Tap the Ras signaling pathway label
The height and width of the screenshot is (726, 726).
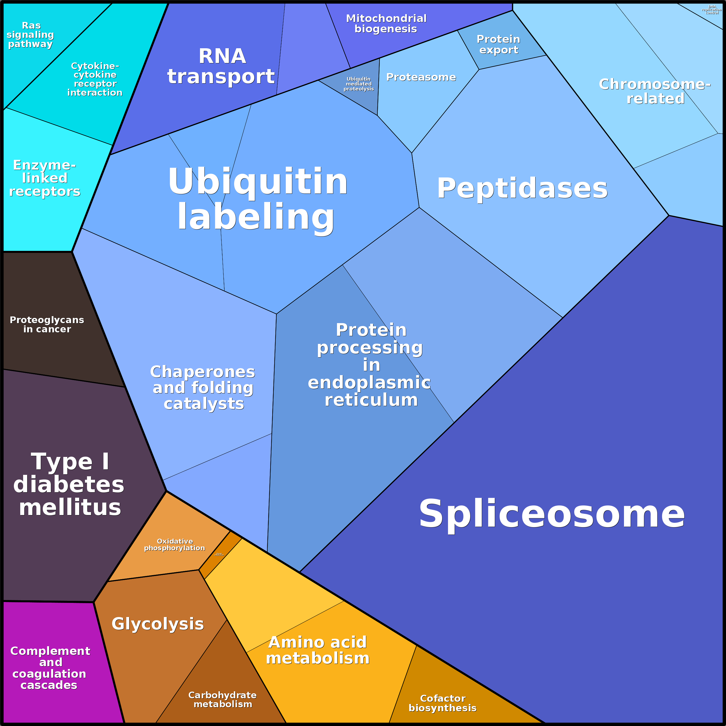tap(30, 35)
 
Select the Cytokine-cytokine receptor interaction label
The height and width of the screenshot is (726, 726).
tap(95, 79)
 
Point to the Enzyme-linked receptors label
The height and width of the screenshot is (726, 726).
tap(45, 178)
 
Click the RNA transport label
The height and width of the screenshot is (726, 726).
tap(221, 66)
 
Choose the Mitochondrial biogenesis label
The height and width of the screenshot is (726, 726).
tap(386, 24)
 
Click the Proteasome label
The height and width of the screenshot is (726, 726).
tap(421, 77)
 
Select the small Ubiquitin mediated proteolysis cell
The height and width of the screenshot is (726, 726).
tap(358, 84)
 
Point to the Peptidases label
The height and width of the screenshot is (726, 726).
tap(522, 188)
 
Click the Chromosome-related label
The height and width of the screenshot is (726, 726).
tap(655, 91)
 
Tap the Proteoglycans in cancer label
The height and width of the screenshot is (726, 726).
tap(47, 325)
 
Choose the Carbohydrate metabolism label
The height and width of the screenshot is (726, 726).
tap(223, 700)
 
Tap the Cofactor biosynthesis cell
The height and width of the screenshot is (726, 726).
tap(443, 703)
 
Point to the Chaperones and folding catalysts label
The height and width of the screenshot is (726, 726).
tap(203, 388)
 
